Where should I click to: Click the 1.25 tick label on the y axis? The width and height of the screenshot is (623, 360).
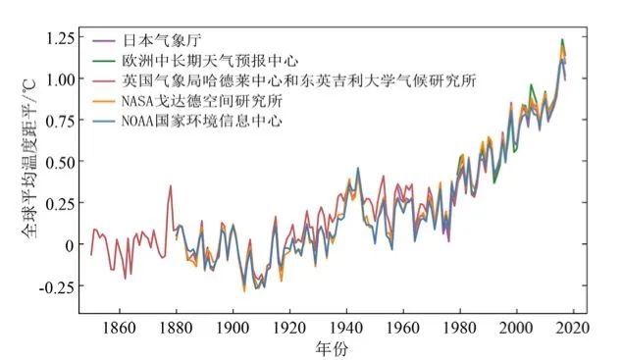tap(60, 38)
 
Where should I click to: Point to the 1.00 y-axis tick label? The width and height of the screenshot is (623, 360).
tap(60, 79)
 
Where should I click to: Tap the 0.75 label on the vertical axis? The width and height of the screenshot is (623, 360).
tap(60, 122)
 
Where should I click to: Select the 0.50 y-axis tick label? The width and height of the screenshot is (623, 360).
tap(60, 163)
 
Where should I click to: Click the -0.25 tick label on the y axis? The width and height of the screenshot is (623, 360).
tap(57, 286)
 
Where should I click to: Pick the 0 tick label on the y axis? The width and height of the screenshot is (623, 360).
tap(70, 245)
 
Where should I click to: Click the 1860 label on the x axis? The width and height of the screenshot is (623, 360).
tap(119, 329)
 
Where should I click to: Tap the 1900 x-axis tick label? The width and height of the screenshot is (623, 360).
tap(233, 329)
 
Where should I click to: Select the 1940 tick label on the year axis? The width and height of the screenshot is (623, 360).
tap(346, 329)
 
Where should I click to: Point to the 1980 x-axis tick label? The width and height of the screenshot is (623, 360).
tap(460, 329)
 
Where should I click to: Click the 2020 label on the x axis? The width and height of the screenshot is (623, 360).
tap(573, 329)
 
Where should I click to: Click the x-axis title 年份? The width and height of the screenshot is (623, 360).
tap(332, 348)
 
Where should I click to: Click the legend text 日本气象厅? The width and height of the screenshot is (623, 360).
tap(162, 40)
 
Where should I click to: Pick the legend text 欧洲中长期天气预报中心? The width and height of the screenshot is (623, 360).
tap(210, 61)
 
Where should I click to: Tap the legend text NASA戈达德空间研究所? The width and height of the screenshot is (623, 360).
tap(202, 100)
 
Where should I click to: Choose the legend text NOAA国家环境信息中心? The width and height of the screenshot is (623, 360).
tap(202, 121)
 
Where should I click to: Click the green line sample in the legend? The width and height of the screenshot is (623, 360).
tap(104, 61)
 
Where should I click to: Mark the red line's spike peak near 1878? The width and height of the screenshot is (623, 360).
tap(171, 185)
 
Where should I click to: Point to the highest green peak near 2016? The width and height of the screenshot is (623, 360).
tap(562, 39)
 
